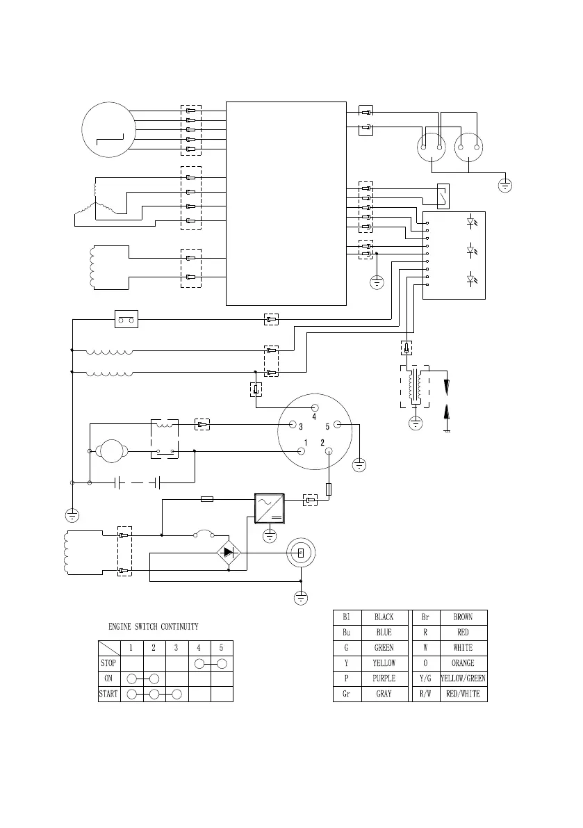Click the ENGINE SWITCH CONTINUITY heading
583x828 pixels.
click(153, 627)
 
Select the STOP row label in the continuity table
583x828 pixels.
click(108, 663)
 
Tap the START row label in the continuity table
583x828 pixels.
click(108, 694)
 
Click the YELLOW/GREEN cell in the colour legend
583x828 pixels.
click(463, 679)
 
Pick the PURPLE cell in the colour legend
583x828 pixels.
click(384, 679)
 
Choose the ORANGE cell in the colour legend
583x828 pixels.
click(463, 663)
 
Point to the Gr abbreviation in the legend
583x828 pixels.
click(346, 694)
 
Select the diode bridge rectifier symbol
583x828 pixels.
click(229, 553)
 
